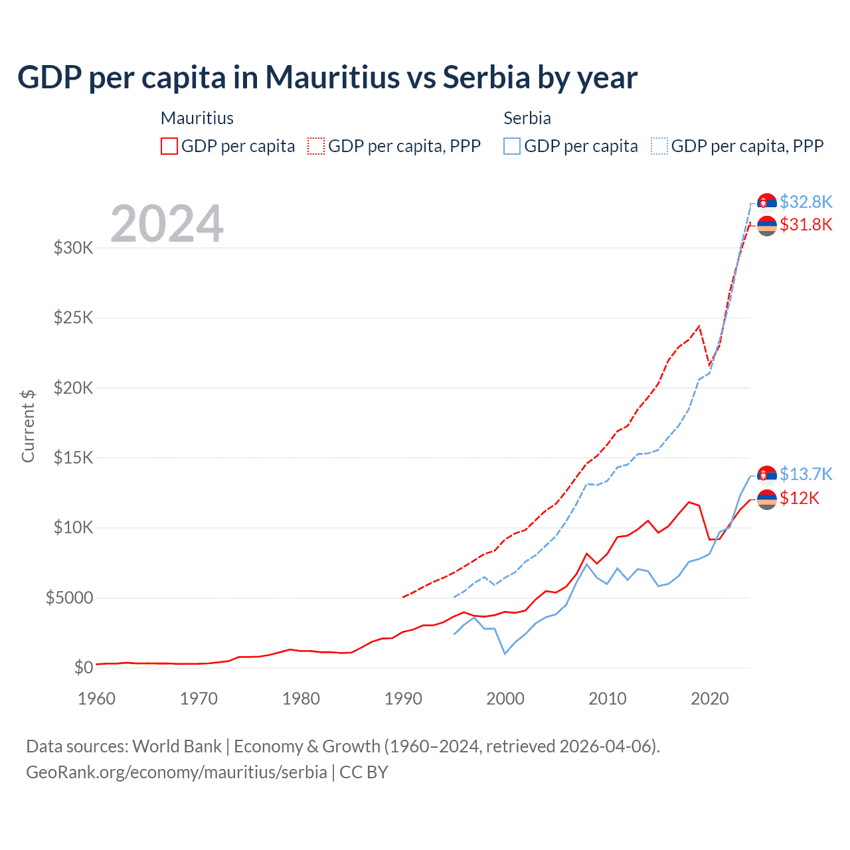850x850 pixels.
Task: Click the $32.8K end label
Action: pyautogui.click(x=806, y=202)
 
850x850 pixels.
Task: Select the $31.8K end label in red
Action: pyautogui.click(x=806, y=224)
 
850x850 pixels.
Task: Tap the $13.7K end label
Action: pyautogui.click(x=806, y=474)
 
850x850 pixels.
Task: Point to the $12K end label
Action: pyautogui.click(x=800, y=498)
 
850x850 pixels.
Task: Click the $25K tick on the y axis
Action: pyautogui.click(x=74, y=317)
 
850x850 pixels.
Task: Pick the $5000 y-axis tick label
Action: pyautogui.click(x=69, y=598)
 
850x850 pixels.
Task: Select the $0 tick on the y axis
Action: pyautogui.click(x=83, y=667)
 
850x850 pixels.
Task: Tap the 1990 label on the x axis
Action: pyautogui.click(x=403, y=699)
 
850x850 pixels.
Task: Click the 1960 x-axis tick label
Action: pyautogui.click(x=97, y=699)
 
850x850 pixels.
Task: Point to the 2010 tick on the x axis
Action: pyautogui.click(x=608, y=699)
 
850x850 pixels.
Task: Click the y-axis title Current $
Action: pyautogui.click(x=28, y=426)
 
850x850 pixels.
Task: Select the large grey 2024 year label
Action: pyautogui.click(x=167, y=224)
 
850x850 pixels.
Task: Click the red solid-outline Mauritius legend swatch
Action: pyautogui.click(x=169, y=146)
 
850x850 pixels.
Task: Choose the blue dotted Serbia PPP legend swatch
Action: pyautogui.click(x=659, y=146)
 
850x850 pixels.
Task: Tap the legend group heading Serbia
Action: pyautogui.click(x=527, y=118)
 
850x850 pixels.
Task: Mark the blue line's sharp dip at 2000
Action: pyautogui.click(x=505, y=653)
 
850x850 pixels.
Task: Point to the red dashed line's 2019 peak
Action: pyautogui.click(x=699, y=326)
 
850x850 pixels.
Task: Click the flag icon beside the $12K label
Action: pyautogui.click(x=767, y=499)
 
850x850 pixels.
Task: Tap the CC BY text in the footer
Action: pyautogui.click(x=364, y=772)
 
